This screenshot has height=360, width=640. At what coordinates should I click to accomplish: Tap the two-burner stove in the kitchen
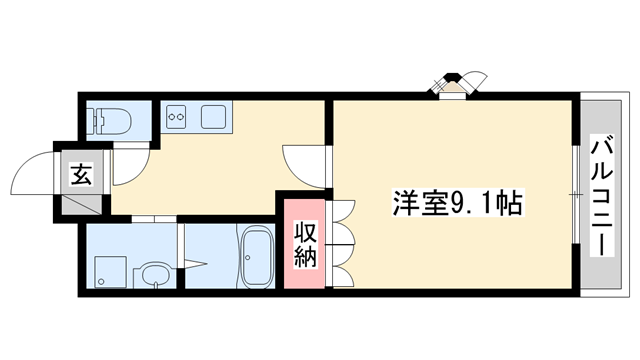pos(176,117)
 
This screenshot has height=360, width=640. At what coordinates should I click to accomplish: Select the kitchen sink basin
pos(214,117)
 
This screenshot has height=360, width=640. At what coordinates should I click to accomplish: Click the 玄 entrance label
pos(80,174)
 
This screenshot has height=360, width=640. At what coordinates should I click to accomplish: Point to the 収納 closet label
pos(305,245)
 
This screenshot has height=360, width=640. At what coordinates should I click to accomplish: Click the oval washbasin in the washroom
pos(152,276)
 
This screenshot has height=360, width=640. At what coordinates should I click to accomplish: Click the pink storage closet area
pos(305,244)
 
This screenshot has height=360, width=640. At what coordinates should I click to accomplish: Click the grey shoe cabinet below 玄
pos(80,204)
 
